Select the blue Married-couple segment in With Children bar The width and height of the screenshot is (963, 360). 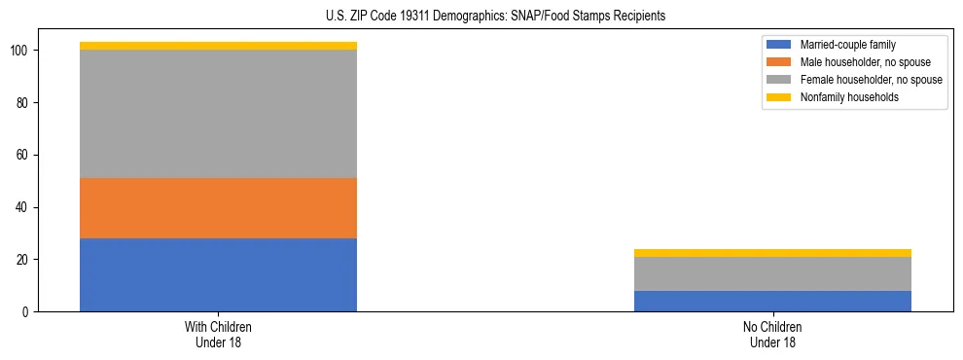click(218, 274)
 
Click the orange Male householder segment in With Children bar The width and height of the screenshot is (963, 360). click(218, 208)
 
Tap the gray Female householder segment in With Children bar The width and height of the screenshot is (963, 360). click(218, 114)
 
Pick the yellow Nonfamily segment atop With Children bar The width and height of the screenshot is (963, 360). click(218, 46)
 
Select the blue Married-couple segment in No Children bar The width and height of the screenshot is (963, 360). click(772, 301)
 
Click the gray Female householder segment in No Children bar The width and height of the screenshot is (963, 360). click(772, 273)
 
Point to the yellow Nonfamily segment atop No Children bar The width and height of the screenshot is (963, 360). click(772, 253)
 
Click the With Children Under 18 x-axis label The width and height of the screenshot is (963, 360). click(218, 334)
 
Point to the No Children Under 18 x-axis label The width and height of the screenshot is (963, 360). click(772, 334)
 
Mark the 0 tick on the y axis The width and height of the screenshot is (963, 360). click(27, 312)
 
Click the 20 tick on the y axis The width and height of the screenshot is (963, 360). click(24, 260)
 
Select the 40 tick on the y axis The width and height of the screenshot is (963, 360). click(24, 207)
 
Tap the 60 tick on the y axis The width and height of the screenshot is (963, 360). click(24, 155)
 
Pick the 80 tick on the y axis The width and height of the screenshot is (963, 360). click(24, 102)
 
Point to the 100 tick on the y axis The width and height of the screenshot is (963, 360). click(21, 51)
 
